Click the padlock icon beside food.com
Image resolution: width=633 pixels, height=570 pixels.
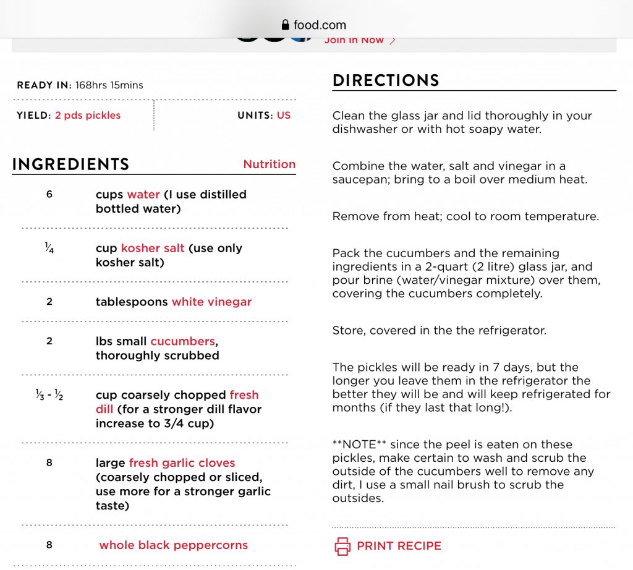(285, 25)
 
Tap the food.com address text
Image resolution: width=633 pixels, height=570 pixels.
(320, 25)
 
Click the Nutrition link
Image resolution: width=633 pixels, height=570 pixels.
(269, 164)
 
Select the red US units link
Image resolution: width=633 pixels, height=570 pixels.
(284, 116)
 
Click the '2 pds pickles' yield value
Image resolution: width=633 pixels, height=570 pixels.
(88, 116)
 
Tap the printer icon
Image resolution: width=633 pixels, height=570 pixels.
(342, 546)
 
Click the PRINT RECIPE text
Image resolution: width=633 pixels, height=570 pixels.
(399, 546)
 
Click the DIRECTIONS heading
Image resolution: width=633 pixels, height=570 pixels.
(386, 81)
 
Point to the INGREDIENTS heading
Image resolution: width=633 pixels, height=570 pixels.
(70, 164)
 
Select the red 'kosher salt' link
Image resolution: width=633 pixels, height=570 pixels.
(153, 249)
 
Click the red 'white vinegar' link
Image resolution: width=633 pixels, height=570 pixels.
(211, 302)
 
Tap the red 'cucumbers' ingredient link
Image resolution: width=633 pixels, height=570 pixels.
(183, 341)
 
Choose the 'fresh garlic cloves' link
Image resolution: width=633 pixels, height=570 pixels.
(182, 463)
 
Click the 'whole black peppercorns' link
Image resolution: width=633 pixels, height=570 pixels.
(173, 545)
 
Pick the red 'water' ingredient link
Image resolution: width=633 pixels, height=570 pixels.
(143, 195)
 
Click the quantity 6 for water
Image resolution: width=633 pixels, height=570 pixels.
(49, 195)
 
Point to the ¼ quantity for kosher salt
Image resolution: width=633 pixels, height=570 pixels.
(49, 249)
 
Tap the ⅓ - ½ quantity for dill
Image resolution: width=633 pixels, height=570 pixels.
(49, 395)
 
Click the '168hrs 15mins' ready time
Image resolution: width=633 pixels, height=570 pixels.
(109, 85)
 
